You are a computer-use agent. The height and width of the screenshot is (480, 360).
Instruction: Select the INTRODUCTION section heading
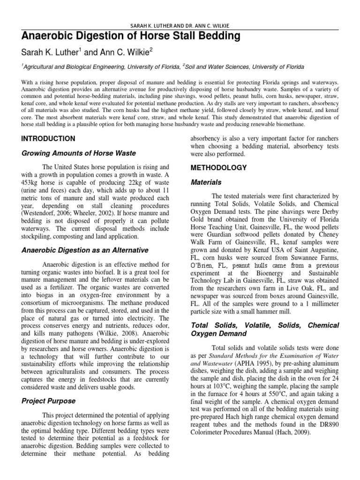pyautogui.click(x=48, y=139)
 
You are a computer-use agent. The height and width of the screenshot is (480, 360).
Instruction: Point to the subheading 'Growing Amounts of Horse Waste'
pyautogui.click(x=79, y=153)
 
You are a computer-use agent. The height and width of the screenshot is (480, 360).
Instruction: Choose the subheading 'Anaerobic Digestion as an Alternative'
pyautogui.click(x=85, y=250)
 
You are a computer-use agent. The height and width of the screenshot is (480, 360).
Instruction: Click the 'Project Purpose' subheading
pyautogui.click(x=49, y=401)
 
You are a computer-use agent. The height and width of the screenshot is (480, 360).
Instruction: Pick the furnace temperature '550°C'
pyautogui.click(x=275, y=399)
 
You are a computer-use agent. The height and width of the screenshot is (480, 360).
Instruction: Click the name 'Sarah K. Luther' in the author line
pyautogui.click(x=48, y=52)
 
